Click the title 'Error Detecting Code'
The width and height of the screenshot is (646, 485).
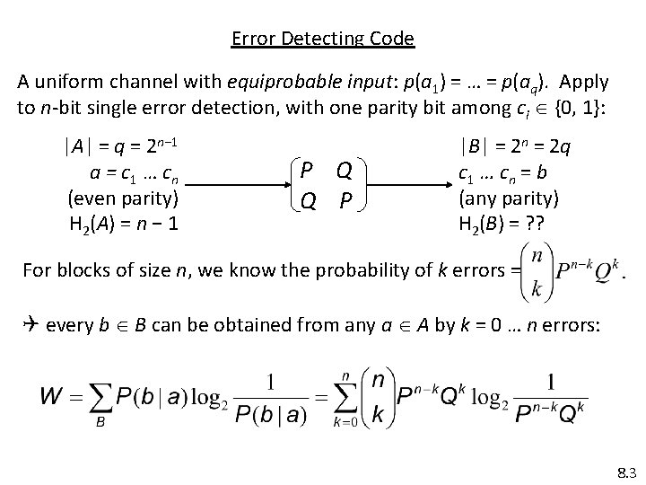323,39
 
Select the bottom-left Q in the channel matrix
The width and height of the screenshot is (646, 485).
307,203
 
